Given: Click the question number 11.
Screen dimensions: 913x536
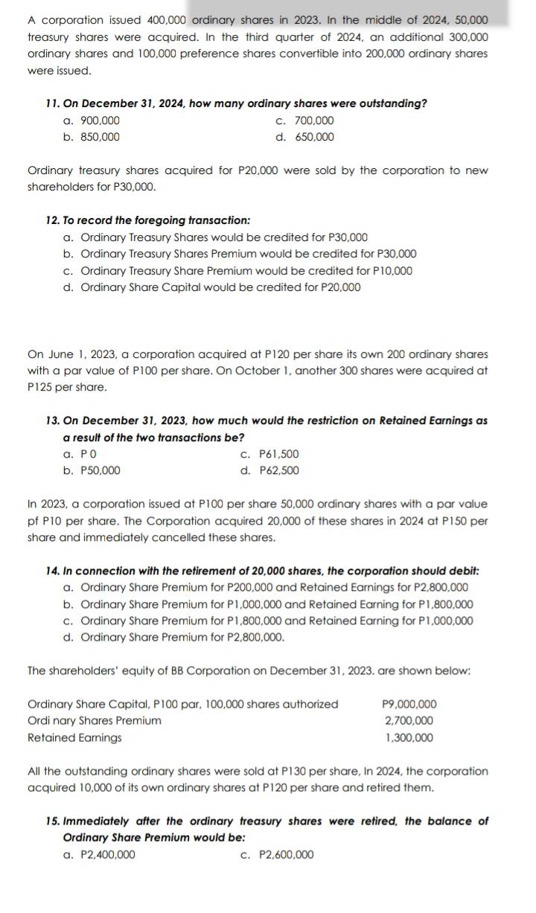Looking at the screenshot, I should click(x=53, y=103).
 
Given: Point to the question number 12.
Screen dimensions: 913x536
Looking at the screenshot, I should click(x=53, y=220).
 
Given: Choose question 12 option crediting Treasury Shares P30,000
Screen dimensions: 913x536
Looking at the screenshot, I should click(x=223, y=237).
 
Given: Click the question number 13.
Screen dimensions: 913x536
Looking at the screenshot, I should click(x=53, y=421).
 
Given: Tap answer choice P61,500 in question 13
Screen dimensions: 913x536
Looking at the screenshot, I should click(x=278, y=454).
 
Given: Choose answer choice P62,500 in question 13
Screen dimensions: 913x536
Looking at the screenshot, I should click(x=278, y=470).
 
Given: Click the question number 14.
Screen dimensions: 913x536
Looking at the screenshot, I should click(x=53, y=571).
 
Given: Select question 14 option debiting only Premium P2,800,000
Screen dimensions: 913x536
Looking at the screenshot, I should click(x=182, y=637).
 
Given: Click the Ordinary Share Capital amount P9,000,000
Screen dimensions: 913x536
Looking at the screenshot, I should click(x=409, y=704).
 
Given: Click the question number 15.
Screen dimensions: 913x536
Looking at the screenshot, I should click(x=53, y=821).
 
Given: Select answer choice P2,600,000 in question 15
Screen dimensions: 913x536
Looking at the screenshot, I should click(x=286, y=854).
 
